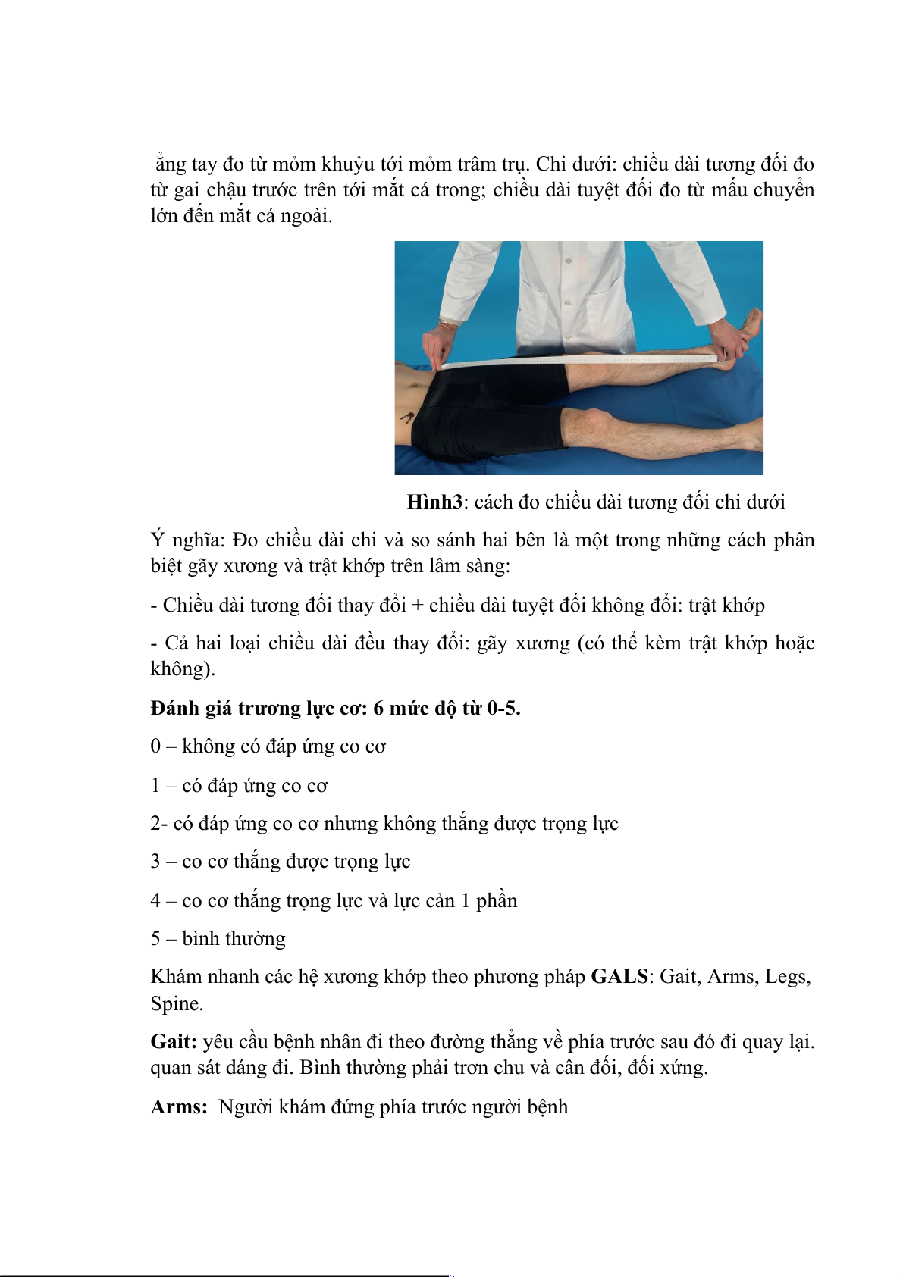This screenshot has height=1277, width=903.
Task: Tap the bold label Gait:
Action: click(174, 1042)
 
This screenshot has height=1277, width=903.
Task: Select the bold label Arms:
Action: click(179, 1107)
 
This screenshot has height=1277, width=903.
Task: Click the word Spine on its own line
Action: click(176, 1004)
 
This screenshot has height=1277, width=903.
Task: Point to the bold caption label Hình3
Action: click(434, 502)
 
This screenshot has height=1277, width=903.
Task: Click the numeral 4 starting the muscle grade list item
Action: click(155, 901)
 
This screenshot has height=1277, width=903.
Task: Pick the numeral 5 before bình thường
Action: click(155, 939)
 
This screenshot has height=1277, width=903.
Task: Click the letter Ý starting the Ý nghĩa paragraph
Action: click(157, 540)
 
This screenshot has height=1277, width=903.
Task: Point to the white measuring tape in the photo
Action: click(576, 359)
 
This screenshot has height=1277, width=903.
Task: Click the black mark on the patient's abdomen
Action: click(406, 417)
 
